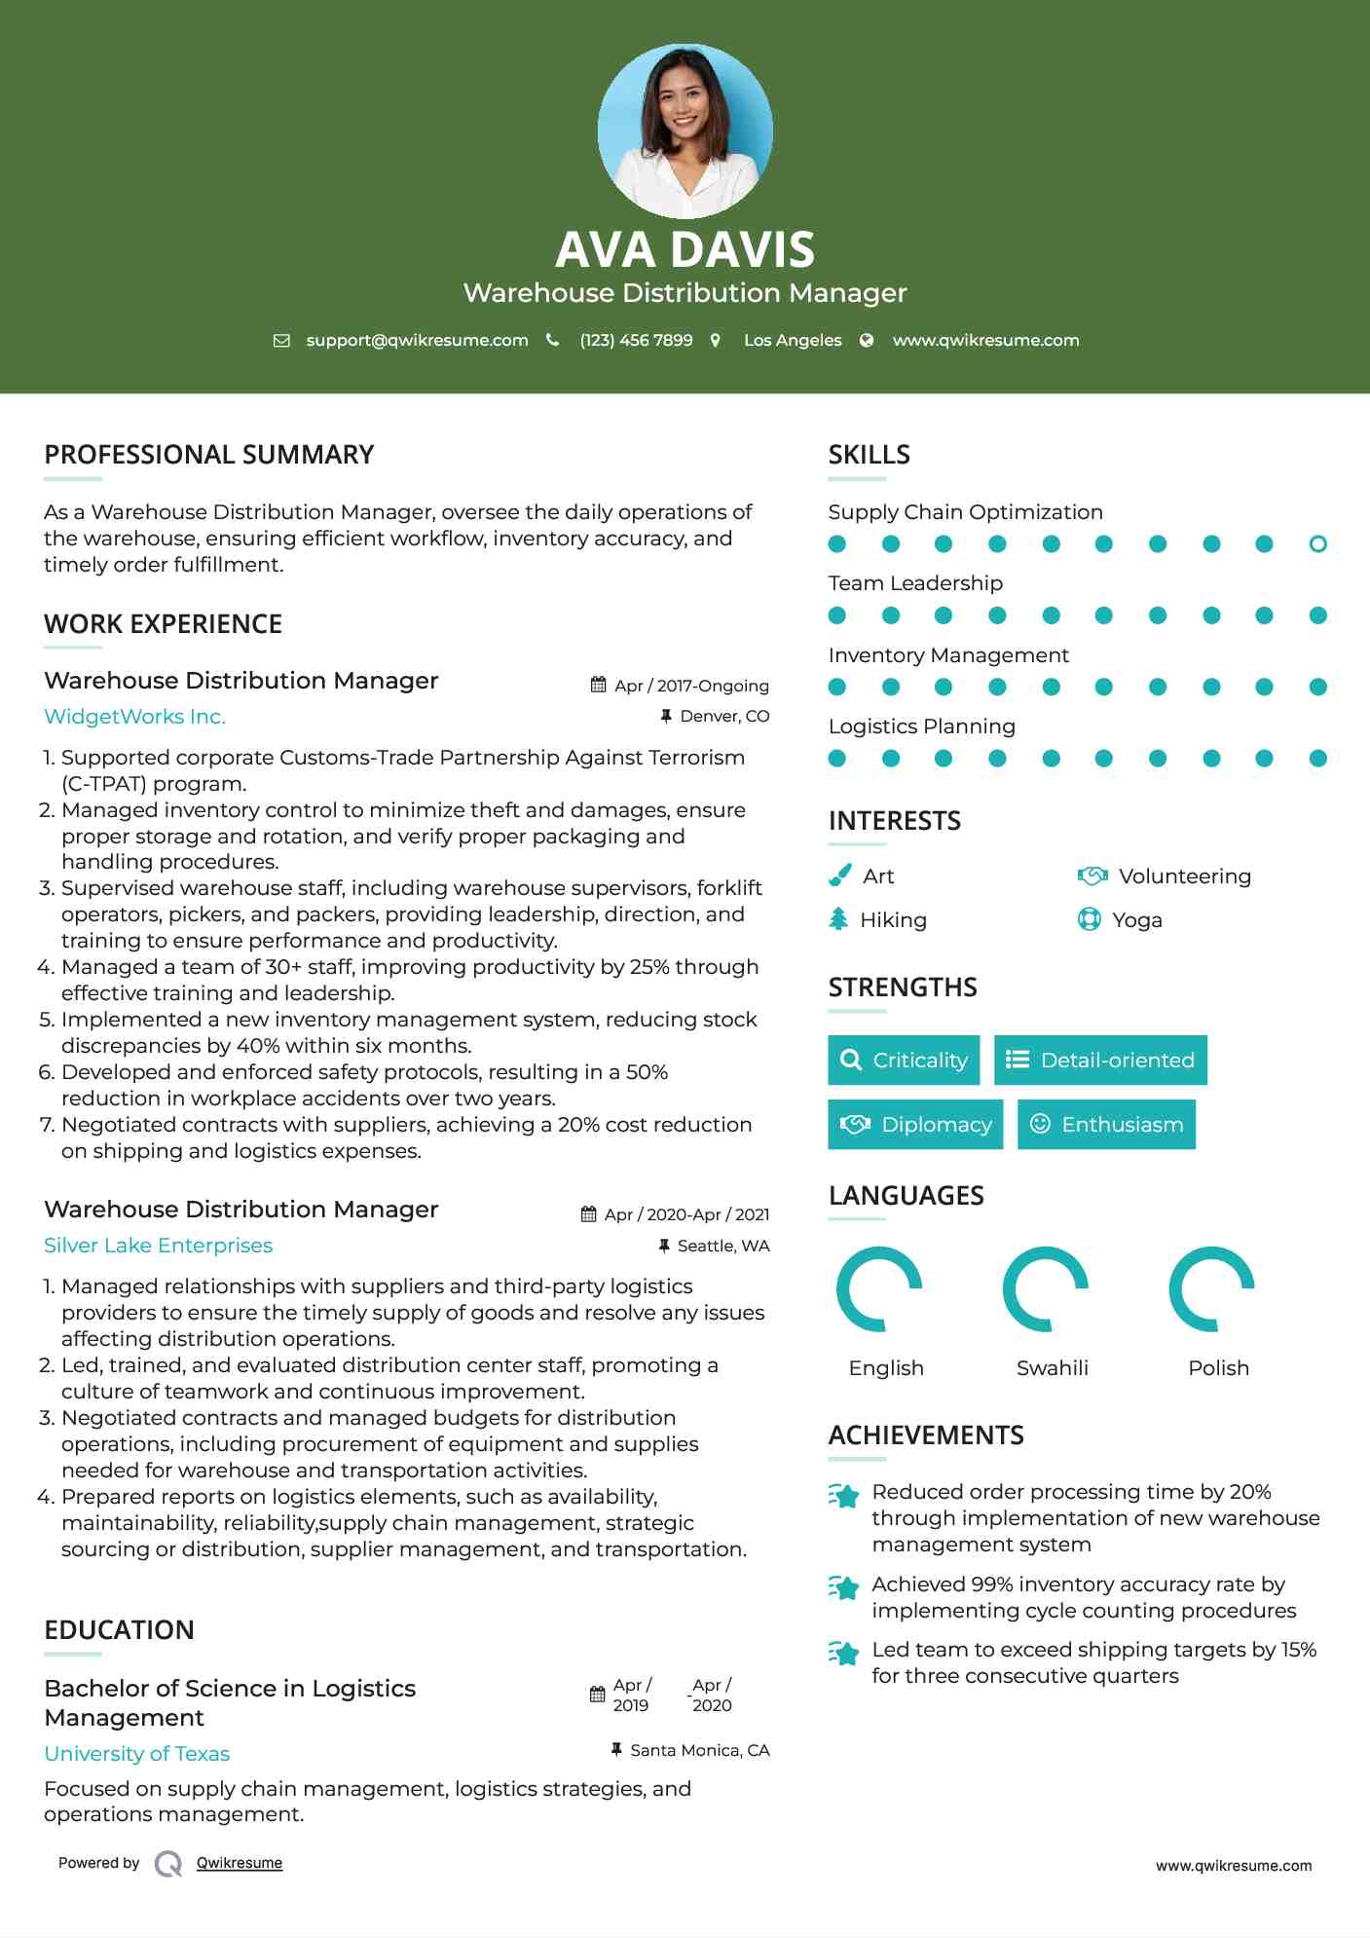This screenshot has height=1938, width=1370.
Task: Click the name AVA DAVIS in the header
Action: point(685,249)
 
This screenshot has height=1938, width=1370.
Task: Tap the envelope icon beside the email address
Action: point(281,341)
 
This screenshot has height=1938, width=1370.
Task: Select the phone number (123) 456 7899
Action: point(636,341)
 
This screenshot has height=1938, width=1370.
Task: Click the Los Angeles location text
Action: point(792,341)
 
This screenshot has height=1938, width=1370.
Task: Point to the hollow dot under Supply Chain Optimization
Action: point(1317,544)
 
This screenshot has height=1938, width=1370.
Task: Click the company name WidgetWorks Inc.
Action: point(134,717)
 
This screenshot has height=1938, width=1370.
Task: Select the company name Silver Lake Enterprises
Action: point(158,1246)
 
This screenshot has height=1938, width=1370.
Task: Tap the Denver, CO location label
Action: point(723,717)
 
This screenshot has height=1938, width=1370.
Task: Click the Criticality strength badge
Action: point(904,1061)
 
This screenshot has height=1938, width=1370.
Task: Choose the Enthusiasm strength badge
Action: point(1106,1125)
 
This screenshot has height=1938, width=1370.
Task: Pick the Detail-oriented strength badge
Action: point(1100,1061)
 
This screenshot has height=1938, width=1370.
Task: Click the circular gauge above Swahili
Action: point(1045,1289)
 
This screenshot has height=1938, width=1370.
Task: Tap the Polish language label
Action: point(1218,1368)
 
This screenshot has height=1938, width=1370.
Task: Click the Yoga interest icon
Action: point(1089,919)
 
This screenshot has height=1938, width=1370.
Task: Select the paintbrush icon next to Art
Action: point(839,876)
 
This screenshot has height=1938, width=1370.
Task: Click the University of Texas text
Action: point(136,1754)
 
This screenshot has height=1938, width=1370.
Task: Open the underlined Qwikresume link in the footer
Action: point(239,1863)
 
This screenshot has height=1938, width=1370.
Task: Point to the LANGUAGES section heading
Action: point(906,1196)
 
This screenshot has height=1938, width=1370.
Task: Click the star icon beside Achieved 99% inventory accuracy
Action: point(843,1588)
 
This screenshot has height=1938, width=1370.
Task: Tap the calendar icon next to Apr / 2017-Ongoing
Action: point(598,686)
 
